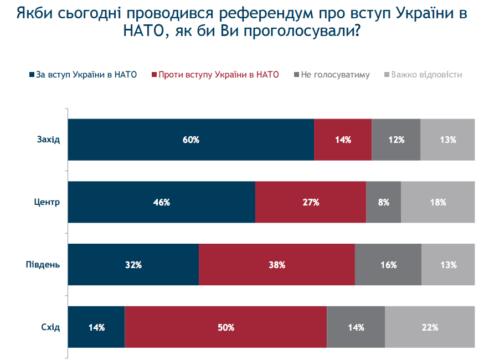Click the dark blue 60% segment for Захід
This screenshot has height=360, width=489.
pos(191,140)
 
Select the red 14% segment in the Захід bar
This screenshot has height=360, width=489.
pos(343,140)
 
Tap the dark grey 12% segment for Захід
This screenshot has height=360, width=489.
pos(396,140)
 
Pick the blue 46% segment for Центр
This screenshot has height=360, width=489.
pos(161,202)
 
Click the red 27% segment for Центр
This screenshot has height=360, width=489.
pos(311,202)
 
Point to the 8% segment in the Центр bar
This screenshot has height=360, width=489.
pos(383,202)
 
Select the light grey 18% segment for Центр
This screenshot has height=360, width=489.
pos(438,202)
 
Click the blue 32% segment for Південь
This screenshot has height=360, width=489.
pos(133,265)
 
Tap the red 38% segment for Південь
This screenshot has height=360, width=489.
pos(277,265)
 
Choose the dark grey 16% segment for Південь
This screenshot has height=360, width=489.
pos(388,265)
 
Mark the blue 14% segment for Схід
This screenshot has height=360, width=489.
pos(96,327)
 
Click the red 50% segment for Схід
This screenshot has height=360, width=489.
pos(226,327)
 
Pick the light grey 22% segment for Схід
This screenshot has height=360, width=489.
pos(430,327)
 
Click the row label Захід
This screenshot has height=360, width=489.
pos(49,140)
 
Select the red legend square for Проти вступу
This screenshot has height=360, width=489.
pos(154,74)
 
